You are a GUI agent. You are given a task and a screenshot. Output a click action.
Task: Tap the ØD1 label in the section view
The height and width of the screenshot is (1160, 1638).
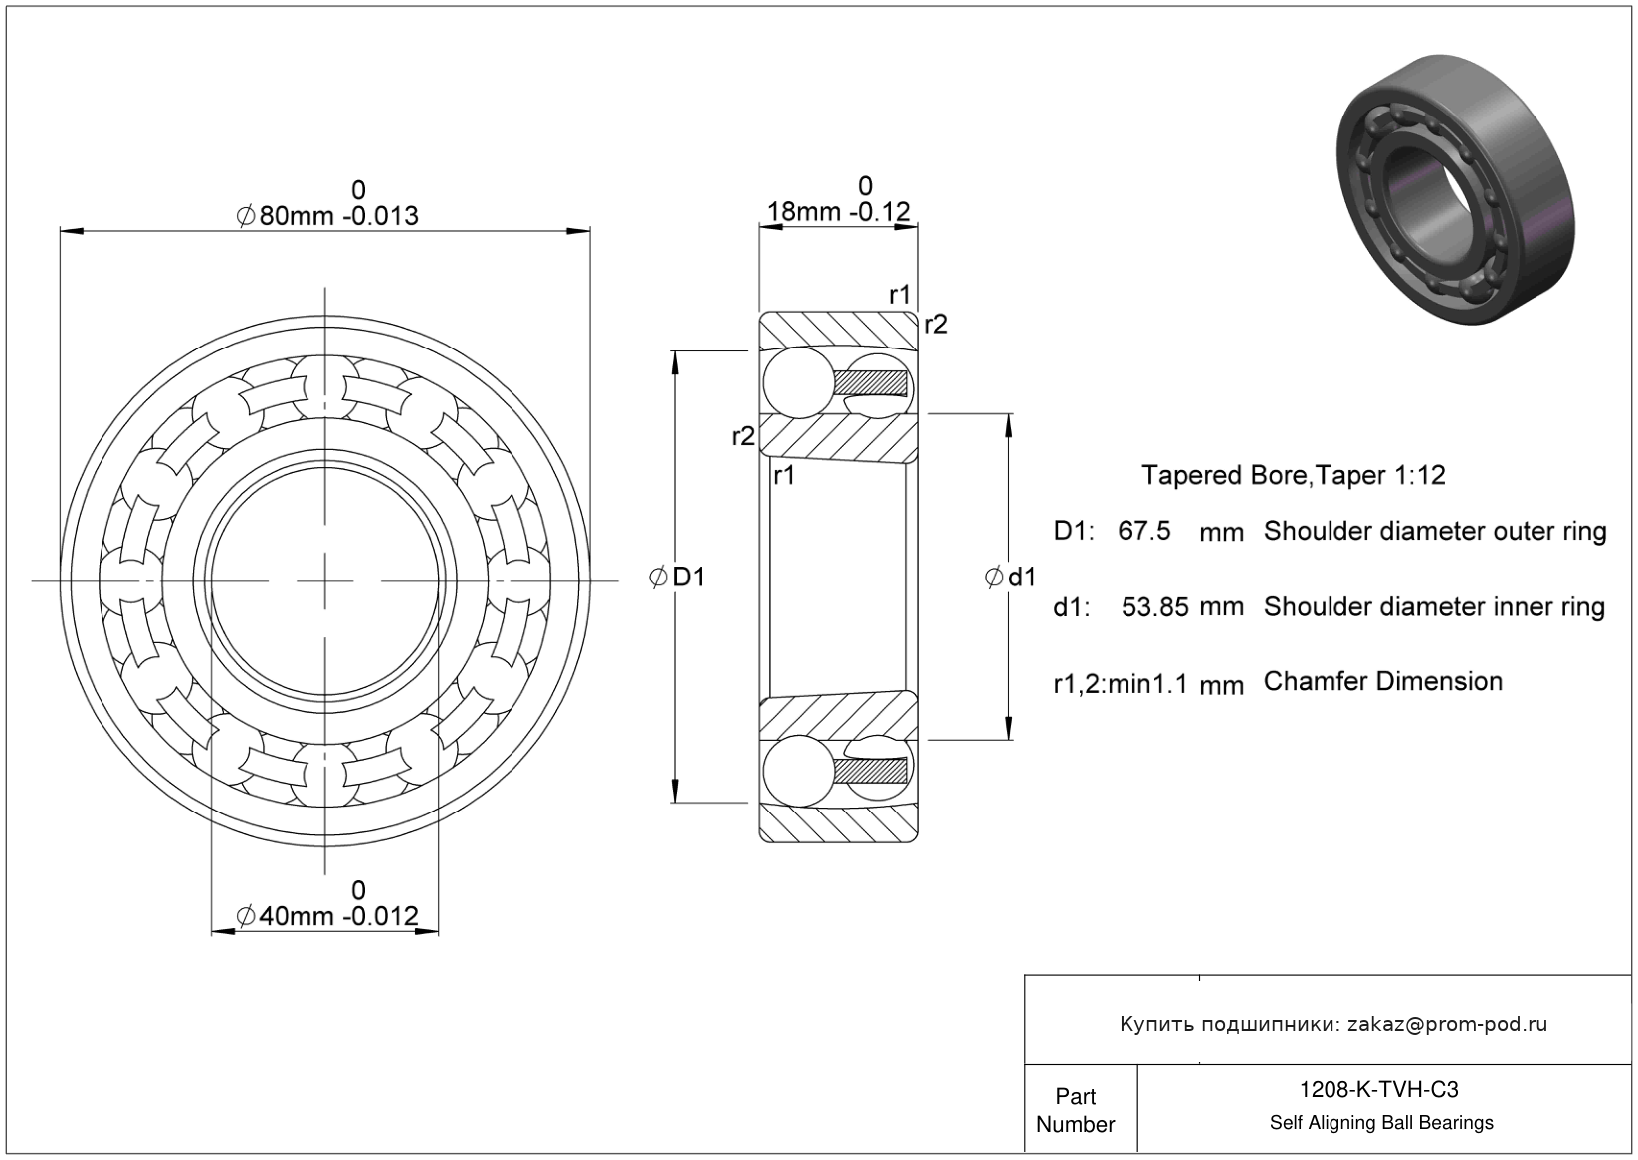pos(677,578)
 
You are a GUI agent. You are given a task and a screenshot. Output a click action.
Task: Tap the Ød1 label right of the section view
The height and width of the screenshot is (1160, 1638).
pos(1011,578)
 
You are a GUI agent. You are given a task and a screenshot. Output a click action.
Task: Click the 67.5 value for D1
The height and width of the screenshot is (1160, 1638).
pos(1143,531)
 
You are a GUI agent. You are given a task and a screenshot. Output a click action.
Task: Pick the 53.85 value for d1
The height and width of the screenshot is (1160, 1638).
pos(1155,607)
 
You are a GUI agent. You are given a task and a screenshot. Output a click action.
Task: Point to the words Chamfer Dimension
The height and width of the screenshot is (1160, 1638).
pos(1383,681)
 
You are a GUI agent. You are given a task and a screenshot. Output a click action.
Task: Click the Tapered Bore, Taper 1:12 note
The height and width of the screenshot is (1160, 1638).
pos(1294,476)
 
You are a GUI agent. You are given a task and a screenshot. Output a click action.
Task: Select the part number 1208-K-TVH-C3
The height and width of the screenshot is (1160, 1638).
pos(1379,1089)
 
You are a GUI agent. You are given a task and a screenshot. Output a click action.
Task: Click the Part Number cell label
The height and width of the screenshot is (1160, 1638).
pos(1075,1109)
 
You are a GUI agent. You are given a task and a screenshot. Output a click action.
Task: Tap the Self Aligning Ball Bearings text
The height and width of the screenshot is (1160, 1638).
pos(1381,1123)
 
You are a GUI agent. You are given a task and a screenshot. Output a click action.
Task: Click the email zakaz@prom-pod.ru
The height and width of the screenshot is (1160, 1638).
pos(1447,1024)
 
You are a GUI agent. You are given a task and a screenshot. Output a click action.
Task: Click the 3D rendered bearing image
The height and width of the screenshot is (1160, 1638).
pos(1455,189)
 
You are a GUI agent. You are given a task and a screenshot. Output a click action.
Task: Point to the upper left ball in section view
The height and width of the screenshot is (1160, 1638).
pos(798,382)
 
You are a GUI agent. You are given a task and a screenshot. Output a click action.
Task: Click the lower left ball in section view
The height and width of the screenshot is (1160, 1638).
pos(798,771)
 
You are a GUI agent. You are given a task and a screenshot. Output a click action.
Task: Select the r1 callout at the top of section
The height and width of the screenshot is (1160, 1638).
pos(900,294)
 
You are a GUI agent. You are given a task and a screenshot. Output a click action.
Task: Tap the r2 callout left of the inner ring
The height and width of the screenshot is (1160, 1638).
pos(743,436)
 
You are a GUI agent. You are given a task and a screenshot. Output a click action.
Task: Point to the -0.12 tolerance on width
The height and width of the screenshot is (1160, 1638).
pos(880,211)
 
